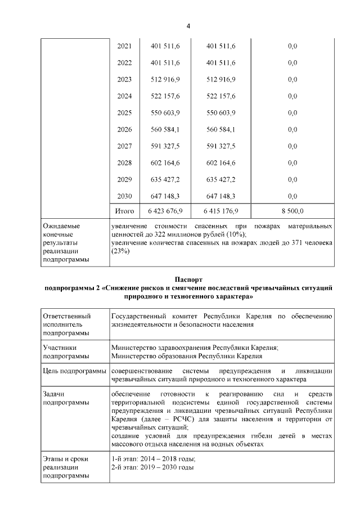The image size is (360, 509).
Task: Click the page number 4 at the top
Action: pos(188,26)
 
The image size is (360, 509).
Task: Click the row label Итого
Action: pos(124,211)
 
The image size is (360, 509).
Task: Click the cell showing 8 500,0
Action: pos(292,211)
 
